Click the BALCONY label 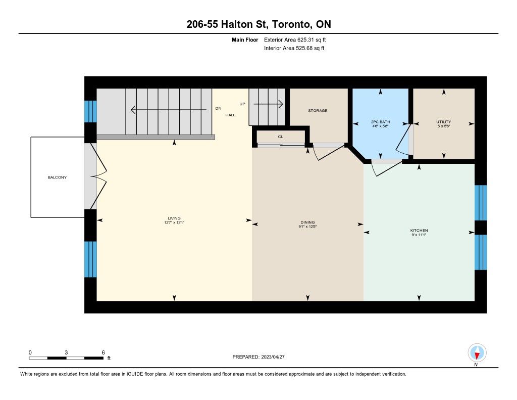57,177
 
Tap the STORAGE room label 318,111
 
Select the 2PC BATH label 381,122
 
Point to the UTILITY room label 443,122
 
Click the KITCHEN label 419,231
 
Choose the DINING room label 307,223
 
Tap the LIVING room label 174,218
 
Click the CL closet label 281,137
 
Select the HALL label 230,115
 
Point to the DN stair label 218,108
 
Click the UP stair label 242,104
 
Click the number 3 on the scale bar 66,352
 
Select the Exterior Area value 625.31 305,39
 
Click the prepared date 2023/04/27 273,357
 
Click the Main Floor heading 245,40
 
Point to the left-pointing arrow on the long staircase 169,109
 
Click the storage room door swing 329,152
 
